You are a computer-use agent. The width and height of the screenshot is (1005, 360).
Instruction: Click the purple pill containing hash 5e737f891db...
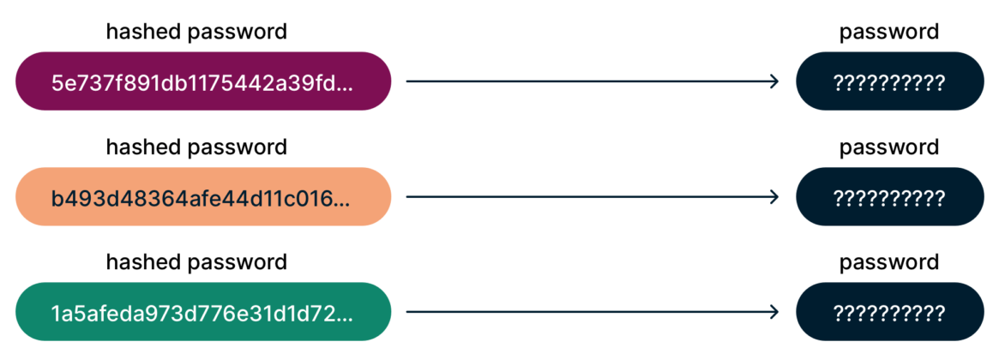click(x=203, y=82)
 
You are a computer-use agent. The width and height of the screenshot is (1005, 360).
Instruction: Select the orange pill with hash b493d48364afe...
click(x=203, y=197)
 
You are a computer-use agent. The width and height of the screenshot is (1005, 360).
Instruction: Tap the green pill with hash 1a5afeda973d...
click(x=203, y=312)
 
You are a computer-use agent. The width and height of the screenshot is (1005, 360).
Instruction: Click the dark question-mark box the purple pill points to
click(x=889, y=82)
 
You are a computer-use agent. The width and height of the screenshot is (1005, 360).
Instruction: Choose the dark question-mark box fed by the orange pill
click(x=889, y=197)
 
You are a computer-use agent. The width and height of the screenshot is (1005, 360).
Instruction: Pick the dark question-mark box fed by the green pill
click(x=889, y=312)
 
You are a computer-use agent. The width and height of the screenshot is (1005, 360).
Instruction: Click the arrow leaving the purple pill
click(x=592, y=82)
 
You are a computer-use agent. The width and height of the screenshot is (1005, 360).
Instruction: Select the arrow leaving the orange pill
click(x=592, y=197)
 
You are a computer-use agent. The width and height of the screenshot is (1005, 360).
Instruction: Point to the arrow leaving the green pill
click(x=592, y=312)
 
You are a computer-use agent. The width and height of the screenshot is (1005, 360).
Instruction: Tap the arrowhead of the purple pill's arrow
click(x=775, y=82)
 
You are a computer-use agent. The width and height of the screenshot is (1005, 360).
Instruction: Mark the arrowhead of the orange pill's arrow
click(x=775, y=197)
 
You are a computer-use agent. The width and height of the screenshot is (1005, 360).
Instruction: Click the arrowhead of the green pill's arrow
click(x=775, y=312)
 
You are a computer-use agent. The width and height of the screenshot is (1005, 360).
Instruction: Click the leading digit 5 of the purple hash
click(x=57, y=83)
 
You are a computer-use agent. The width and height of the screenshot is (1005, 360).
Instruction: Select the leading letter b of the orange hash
click(x=57, y=198)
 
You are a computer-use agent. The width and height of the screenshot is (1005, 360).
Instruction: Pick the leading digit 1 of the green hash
click(x=56, y=313)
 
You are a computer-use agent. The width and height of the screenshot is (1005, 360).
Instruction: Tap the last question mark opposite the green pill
click(x=940, y=313)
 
